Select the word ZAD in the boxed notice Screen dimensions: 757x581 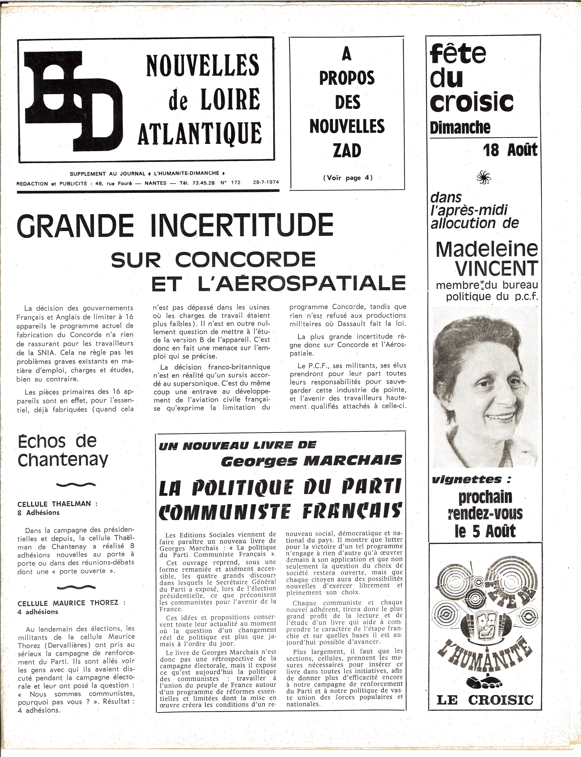pyautogui.click(x=347, y=151)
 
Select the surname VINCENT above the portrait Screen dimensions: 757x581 pyautogui.click(x=496, y=268)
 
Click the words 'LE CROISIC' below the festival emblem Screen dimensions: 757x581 pyautogui.click(x=485, y=700)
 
